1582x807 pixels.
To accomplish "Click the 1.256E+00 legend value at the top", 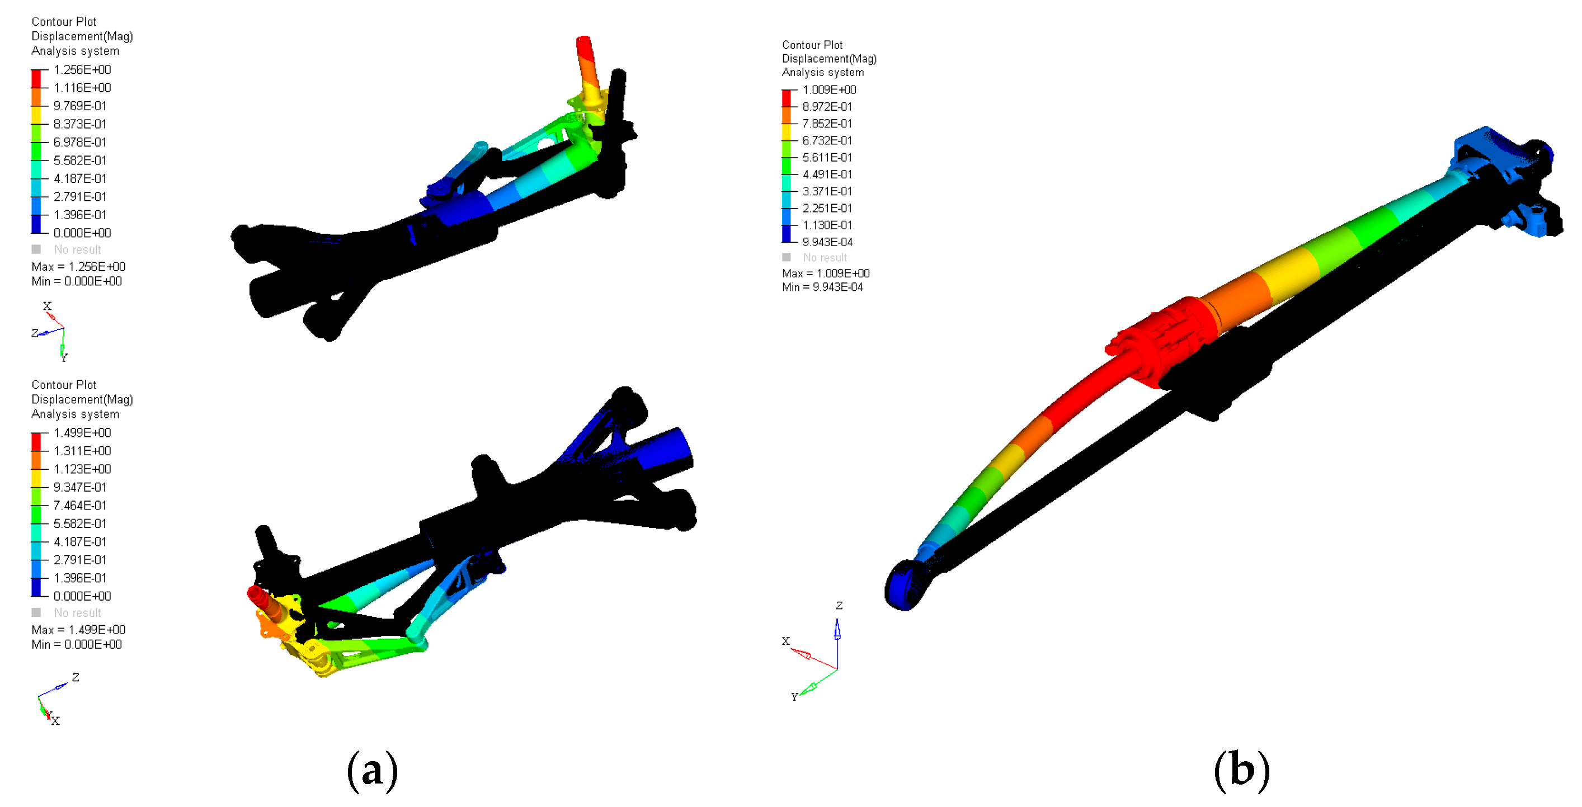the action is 82,69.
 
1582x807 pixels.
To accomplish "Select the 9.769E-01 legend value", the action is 80,106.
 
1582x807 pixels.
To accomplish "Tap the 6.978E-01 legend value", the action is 80,142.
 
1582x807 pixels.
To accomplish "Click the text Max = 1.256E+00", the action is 79,267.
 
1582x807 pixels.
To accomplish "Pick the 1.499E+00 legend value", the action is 82,432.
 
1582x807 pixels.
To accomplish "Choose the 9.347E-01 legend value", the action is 80,487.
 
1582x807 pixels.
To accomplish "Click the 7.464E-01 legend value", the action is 80,505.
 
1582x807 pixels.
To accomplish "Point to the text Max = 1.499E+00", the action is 79,630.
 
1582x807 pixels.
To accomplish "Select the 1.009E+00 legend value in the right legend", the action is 829,89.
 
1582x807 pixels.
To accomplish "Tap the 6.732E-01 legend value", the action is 827,140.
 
